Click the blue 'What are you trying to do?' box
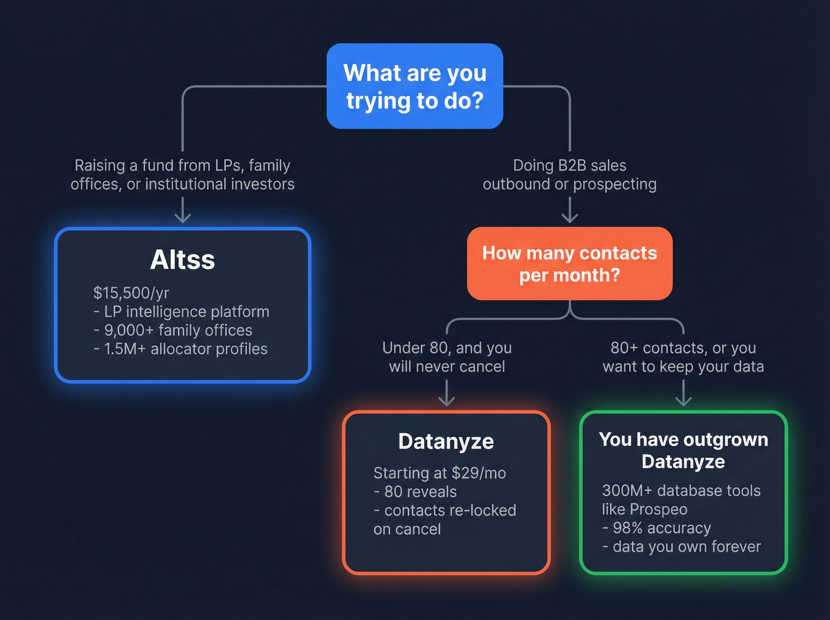coord(415,86)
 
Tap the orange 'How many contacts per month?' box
coord(570,263)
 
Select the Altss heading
coord(183,260)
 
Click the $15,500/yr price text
coord(131,293)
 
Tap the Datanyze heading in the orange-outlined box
coord(446,441)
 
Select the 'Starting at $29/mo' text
coord(439,473)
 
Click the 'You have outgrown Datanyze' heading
coord(683,450)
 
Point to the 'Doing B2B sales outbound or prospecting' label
coord(569,174)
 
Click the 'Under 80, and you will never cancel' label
coord(446,357)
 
